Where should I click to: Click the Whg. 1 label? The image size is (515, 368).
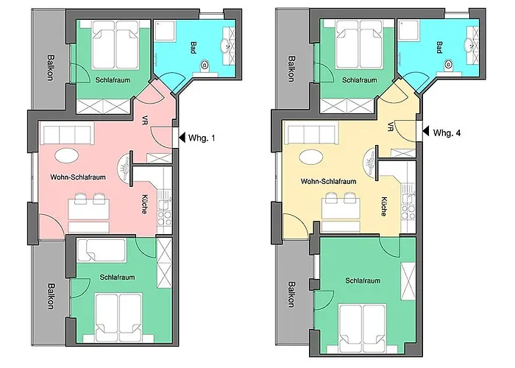(x=202, y=138)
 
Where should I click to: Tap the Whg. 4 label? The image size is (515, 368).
(x=447, y=132)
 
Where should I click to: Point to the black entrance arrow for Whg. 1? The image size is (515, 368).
(x=182, y=138)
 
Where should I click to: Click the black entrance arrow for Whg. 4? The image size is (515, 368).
(x=426, y=132)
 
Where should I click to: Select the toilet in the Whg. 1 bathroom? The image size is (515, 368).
(x=205, y=65)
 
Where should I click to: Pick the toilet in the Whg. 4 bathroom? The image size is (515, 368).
(x=449, y=65)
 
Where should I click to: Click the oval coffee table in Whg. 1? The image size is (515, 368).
(x=67, y=156)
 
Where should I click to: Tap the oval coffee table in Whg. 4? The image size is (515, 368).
(x=310, y=157)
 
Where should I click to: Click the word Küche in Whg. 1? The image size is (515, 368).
(x=144, y=205)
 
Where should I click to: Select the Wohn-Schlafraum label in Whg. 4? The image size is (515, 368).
(x=328, y=181)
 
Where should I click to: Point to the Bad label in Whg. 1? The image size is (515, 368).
(x=193, y=48)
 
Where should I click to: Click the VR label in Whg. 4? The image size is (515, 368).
(x=390, y=127)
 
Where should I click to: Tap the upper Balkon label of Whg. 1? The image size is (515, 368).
(x=51, y=68)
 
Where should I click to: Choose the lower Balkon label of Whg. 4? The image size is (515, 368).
(x=291, y=294)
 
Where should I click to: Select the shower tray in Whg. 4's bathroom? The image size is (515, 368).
(x=408, y=30)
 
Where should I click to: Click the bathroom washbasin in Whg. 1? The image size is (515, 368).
(x=227, y=46)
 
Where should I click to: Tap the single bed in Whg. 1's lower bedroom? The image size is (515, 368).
(x=102, y=250)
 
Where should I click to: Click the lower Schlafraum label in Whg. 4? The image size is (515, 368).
(x=363, y=280)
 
